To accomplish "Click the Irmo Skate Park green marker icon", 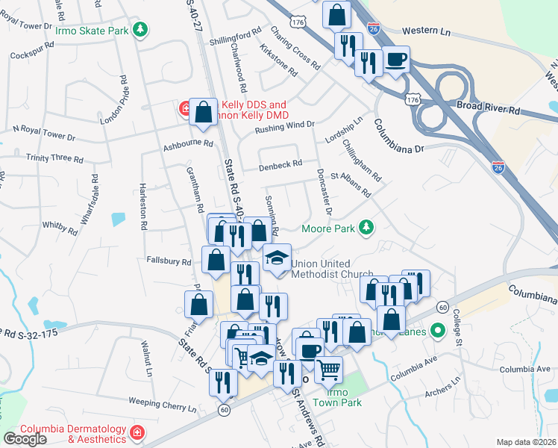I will (140, 30).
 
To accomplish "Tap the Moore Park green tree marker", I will (366, 227).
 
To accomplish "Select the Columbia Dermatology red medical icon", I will (137, 432).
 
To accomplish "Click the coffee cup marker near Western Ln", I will (395, 60).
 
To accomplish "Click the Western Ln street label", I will (427, 31).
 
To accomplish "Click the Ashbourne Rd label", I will (188, 143).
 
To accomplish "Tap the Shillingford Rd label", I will (236, 34).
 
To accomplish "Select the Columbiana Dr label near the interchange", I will (399, 135).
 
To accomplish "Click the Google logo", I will (25, 438).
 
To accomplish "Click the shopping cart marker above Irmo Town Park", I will (328, 368).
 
